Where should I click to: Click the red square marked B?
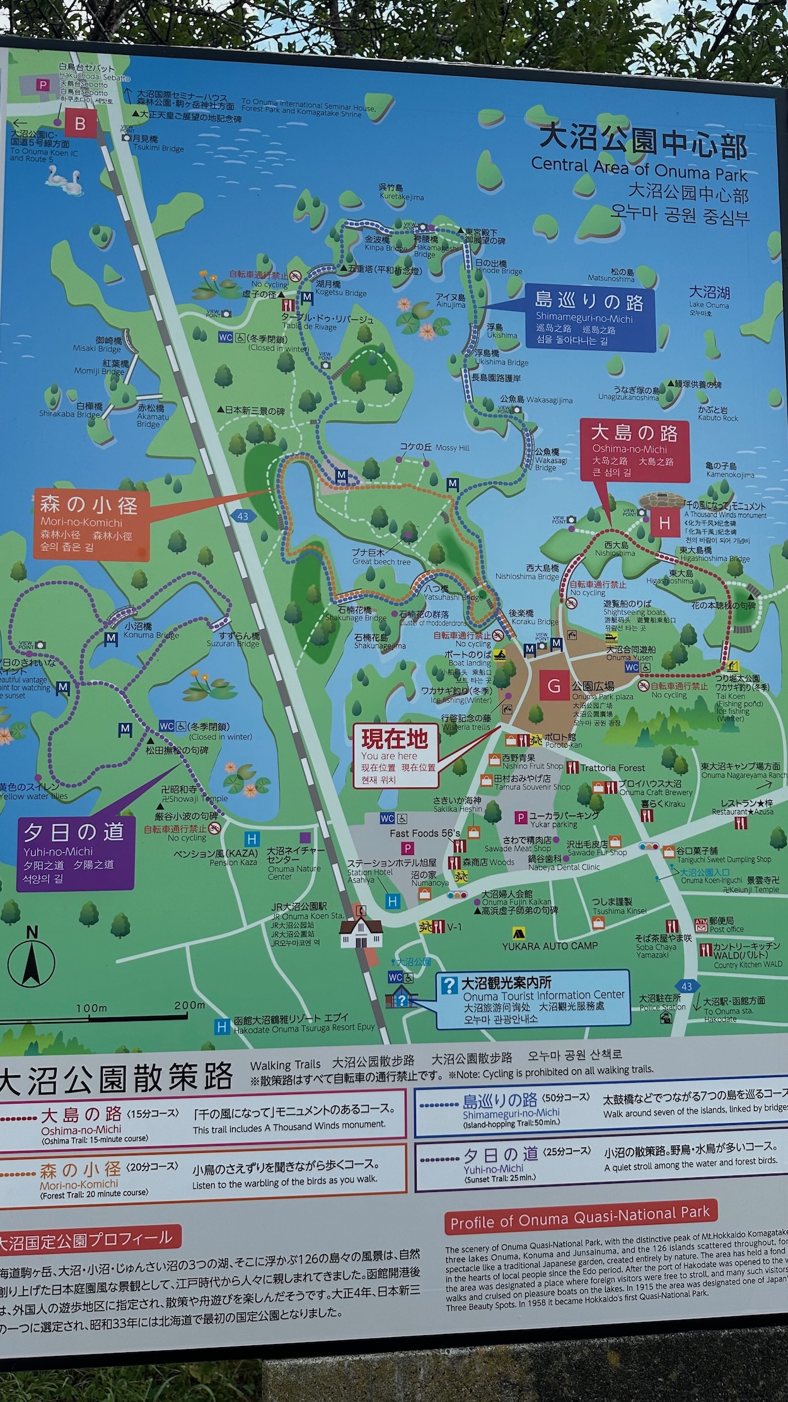80,123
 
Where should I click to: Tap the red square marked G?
554,686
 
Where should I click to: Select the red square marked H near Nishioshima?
664,523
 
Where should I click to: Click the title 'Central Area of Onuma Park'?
639,168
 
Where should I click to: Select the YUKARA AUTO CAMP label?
550,946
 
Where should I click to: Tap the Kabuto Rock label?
717,414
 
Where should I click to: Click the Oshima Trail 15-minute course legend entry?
95,1125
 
